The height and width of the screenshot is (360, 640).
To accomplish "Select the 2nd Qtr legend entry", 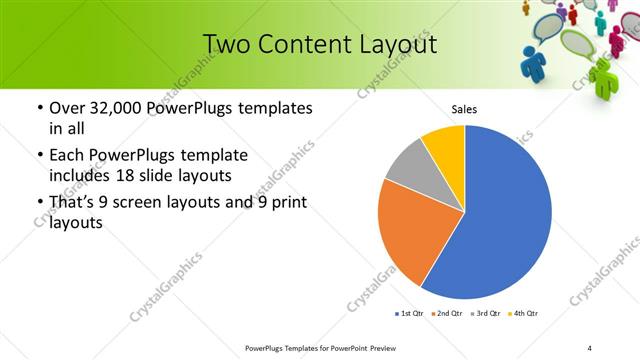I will (447, 314).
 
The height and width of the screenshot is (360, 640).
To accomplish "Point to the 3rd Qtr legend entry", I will (485, 314).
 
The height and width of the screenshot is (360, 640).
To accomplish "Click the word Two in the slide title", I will (224, 45).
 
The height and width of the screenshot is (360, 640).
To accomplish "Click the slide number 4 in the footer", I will (590, 347).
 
